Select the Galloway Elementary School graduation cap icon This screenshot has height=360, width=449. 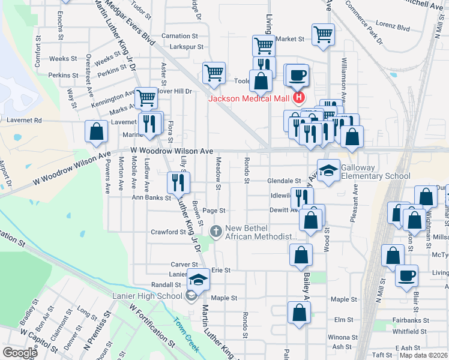[x=328, y=171]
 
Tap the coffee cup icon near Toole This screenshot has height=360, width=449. [x=297, y=76]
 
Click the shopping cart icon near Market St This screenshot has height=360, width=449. [x=323, y=35]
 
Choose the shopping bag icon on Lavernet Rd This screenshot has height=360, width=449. [x=96, y=132]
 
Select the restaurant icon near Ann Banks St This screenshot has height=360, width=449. [x=178, y=181]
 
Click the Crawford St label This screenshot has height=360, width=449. [x=164, y=232]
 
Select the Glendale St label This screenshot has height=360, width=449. [x=284, y=181]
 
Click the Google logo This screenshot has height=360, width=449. [x=20, y=352]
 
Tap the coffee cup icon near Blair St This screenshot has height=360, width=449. [x=407, y=275]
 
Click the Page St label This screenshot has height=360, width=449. [x=214, y=211]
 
